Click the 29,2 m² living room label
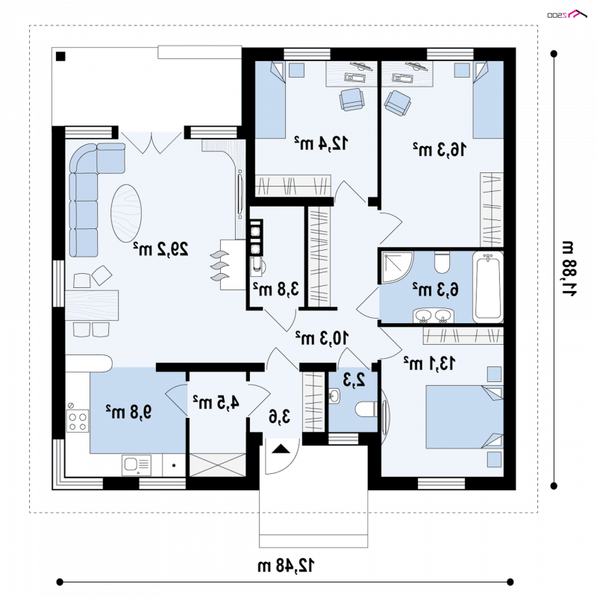coord(160,249)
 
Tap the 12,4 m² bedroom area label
coord(321,143)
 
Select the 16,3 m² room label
coord(440,149)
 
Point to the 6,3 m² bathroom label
coord(436,289)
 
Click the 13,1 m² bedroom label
coord(429,363)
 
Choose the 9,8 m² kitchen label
coord(128,411)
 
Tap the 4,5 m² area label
coord(216,402)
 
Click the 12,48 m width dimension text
coord(286,566)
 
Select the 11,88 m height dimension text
coord(569,269)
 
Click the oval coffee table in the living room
coord(126,213)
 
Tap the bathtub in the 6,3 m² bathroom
coord(488,287)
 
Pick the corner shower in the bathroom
coord(396,267)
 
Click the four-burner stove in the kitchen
coord(78,421)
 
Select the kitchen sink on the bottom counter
coord(137,465)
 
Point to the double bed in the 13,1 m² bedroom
coord(464,417)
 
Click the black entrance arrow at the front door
coord(281,448)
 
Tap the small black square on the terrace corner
coord(60,57)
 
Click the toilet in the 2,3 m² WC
coord(366,410)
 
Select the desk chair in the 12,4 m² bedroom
coord(351,99)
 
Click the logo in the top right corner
coord(567,14)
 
